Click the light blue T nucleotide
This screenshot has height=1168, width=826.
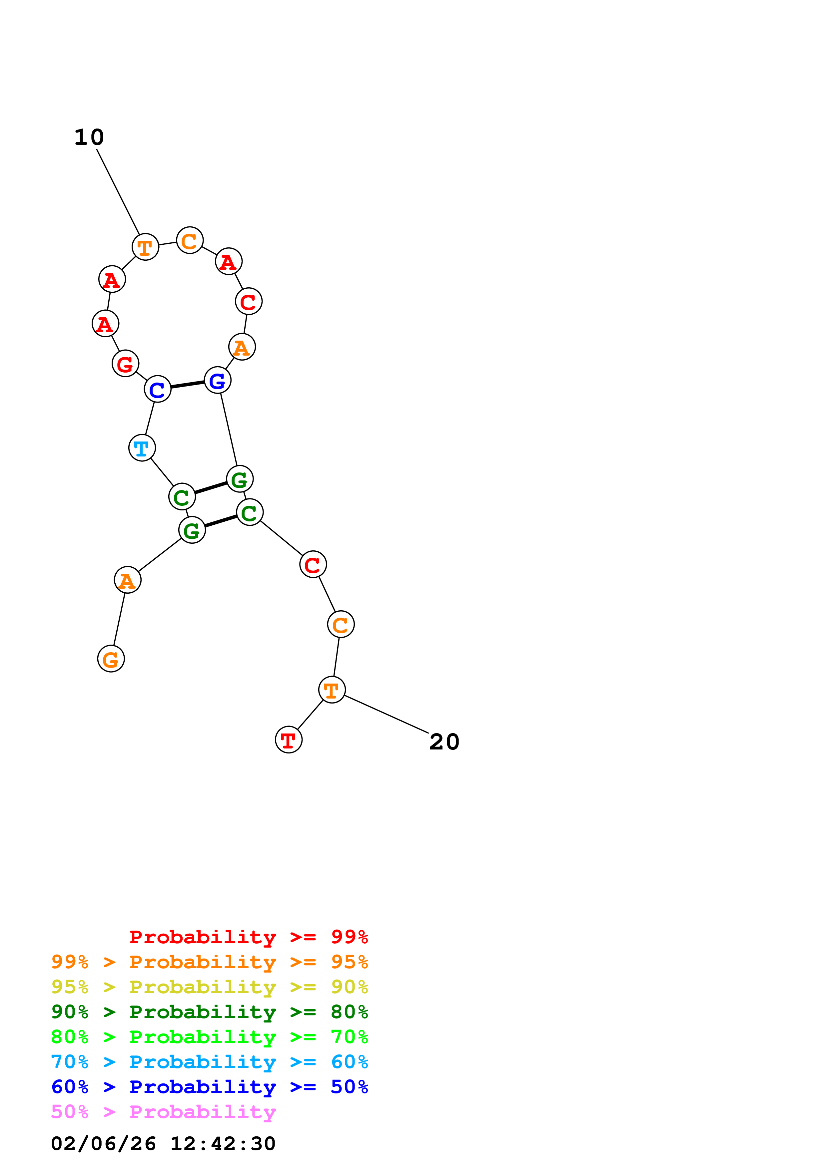(142, 448)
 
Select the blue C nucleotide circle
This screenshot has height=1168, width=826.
(157, 389)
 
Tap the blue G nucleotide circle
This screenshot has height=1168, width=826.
(217, 380)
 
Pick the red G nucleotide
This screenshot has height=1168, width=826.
(125, 363)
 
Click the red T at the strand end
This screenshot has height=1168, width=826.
(289, 740)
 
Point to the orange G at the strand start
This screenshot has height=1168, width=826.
(111, 659)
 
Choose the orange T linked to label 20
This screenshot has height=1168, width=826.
(332, 690)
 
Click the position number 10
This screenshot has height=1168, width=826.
(89, 138)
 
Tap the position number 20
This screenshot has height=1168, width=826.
(444, 742)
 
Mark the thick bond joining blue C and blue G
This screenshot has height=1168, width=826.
(187, 385)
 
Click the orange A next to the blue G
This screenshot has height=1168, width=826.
(242, 347)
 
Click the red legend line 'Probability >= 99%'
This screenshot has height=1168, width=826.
(248, 937)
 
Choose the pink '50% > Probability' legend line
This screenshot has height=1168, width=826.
(163, 1112)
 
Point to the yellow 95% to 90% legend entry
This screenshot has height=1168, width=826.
(209, 987)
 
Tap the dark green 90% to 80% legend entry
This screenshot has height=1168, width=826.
(209, 1012)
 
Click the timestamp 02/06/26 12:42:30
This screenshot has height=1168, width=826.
(163, 1144)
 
